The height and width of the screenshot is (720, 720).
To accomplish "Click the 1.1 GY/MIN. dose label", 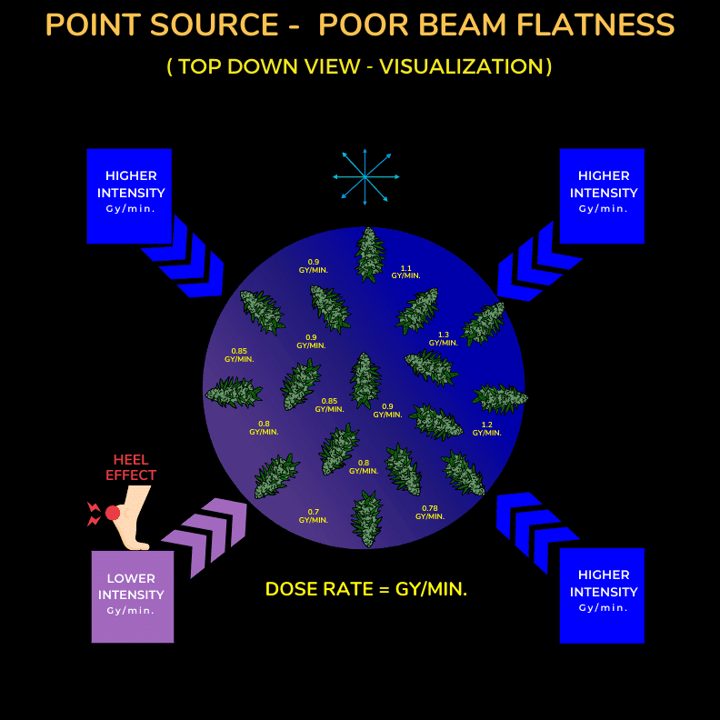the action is (x=405, y=272).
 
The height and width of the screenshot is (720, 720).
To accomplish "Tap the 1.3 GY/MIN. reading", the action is (x=443, y=339).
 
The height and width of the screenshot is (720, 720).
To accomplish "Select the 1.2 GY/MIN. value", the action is (x=486, y=429).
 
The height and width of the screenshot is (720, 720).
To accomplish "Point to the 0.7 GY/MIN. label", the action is (x=313, y=516).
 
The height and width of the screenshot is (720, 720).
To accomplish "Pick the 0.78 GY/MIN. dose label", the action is (x=430, y=513).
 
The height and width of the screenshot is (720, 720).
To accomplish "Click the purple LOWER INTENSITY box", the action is (x=133, y=596).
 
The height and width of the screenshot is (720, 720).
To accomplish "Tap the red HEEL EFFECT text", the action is (x=131, y=467).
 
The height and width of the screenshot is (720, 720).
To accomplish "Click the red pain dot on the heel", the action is (x=113, y=513).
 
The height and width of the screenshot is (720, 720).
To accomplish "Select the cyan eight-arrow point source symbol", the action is (x=365, y=176).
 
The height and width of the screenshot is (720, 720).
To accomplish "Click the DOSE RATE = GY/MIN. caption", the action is (x=366, y=589).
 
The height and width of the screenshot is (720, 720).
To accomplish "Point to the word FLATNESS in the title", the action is (x=595, y=25).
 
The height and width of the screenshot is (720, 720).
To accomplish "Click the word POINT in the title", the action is (x=94, y=25).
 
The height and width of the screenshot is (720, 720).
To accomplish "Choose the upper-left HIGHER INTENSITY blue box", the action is (x=129, y=196).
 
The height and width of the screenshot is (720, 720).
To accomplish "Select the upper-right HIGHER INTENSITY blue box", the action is (x=602, y=196).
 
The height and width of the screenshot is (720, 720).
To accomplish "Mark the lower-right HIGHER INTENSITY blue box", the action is (x=602, y=595).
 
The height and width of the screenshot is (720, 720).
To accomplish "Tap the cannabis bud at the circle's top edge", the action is (x=370, y=255).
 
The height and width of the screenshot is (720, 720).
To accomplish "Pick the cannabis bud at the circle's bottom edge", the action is (x=366, y=519).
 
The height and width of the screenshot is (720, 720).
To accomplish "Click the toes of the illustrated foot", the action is (x=140, y=546).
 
